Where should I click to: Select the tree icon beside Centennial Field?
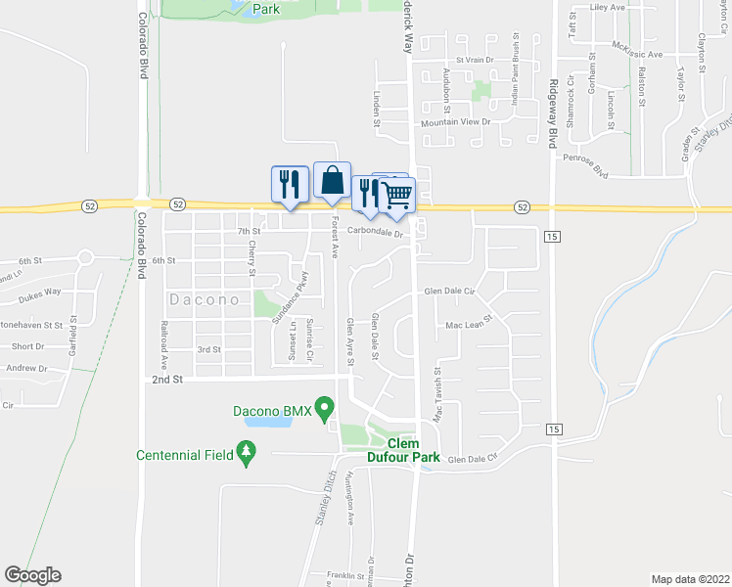click(249, 454)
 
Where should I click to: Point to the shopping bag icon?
click(332, 180)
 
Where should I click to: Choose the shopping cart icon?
click(396, 195)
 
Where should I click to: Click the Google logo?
click(32, 575)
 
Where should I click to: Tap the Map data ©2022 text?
click(691, 578)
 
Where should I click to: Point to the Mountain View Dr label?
click(454, 122)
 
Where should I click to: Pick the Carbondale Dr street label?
click(377, 233)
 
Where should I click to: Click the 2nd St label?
click(168, 380)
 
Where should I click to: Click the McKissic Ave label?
click(638, 54)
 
